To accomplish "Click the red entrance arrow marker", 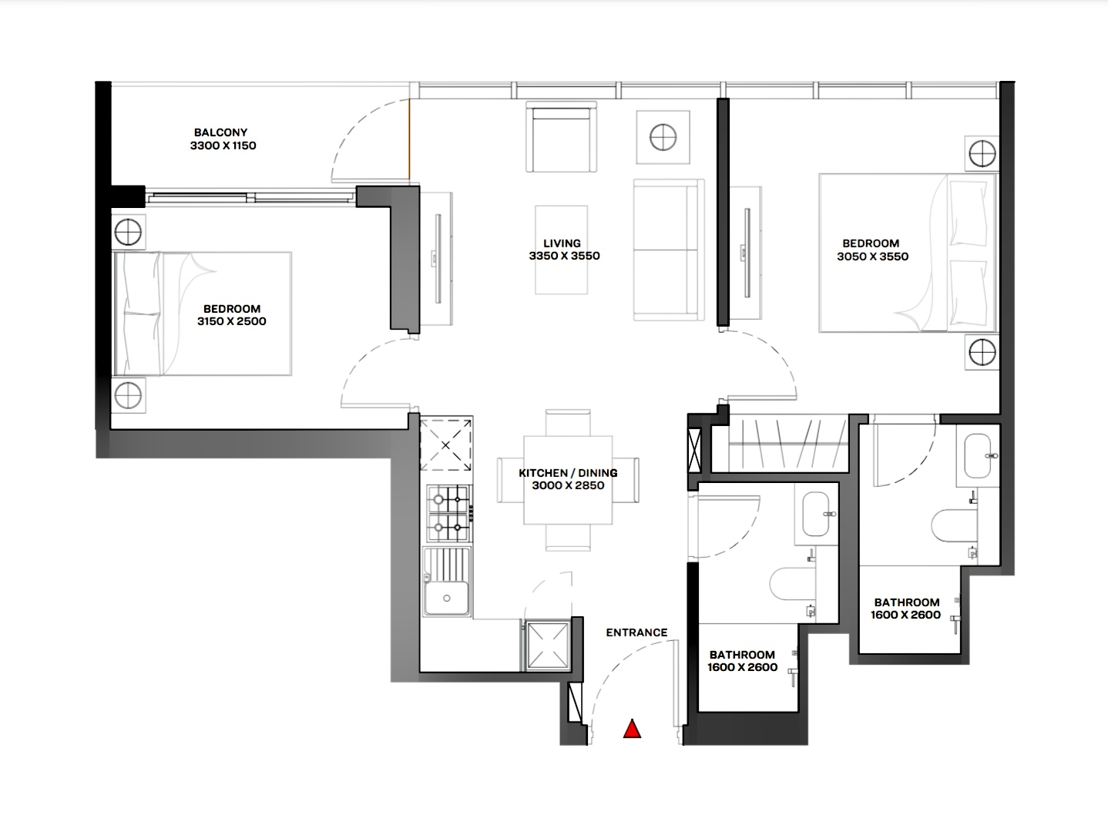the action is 632,730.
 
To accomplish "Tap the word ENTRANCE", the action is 636,632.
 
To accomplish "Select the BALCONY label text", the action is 220,133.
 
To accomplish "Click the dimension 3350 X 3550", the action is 564,256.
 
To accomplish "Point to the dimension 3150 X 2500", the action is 232,321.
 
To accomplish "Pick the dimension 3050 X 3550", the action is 873,257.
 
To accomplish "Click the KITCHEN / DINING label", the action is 568,473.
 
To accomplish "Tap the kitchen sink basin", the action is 447,598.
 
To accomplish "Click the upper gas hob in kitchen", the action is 448,499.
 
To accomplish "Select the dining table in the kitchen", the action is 568,480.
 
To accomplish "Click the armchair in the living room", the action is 561,136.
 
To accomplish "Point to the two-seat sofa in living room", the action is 669,250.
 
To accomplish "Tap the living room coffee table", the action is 561,250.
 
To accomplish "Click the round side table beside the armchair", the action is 663,137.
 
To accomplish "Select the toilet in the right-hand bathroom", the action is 955,525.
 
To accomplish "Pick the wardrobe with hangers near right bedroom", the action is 788,444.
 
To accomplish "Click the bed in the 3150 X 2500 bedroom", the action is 203,314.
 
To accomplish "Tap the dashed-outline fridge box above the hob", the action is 445,445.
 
